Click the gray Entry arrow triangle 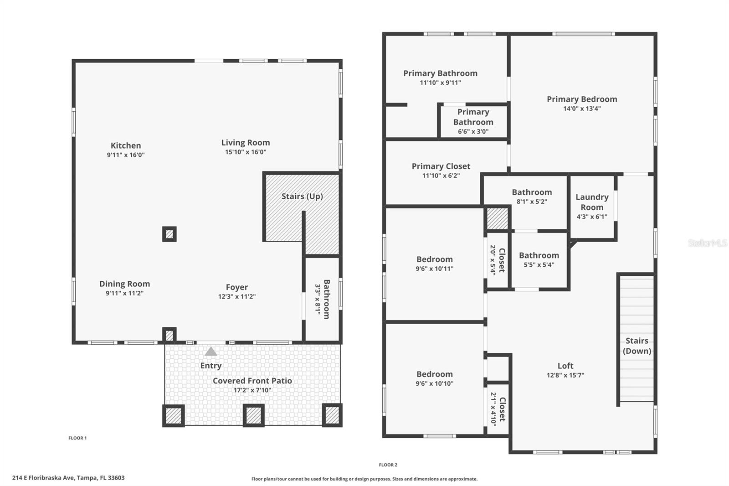coord(210,352)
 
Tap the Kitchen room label coord(126,145)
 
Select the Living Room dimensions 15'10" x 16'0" coord(246,152)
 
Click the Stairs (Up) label coord(302,196)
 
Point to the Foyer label coord(237,287)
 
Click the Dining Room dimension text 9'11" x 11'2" coord(124,293)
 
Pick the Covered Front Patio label coord(252,381)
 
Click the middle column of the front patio coord(253,415)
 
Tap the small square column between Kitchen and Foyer coord(169,234)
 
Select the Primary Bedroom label coord(582,99)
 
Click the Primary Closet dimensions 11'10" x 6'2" coord(441,176)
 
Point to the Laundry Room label coord(592,202)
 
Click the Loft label coord(565,366)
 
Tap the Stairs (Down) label coord(637,346)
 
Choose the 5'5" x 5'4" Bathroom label coord(539,255)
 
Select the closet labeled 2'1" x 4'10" coord(498,409)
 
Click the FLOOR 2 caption coord(388,465)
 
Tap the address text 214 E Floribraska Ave coord(68,478)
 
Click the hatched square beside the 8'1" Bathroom coord(497,219)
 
